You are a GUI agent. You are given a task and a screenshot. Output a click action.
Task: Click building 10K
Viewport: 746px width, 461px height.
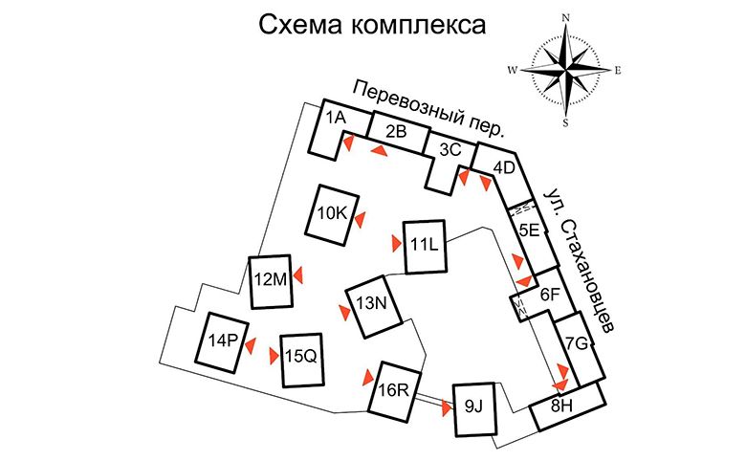332,214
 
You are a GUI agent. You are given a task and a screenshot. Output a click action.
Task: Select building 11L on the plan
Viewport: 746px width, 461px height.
425,246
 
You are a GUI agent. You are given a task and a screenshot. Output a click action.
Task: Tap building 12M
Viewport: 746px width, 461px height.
271,281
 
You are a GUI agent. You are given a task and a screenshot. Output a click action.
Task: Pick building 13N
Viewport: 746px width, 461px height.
373,305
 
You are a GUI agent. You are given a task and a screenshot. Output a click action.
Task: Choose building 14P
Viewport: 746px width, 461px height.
223,342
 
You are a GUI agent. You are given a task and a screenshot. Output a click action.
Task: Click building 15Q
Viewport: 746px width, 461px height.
301,360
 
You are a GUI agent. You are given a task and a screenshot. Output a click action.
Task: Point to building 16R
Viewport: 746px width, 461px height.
395,391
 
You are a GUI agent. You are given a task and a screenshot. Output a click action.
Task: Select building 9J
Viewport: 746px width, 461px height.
474,409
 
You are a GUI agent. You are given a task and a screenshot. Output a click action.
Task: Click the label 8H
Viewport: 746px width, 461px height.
561,406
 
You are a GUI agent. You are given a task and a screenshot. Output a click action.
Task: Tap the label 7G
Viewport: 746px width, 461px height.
577,343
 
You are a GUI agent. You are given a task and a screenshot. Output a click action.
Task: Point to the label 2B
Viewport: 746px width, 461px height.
396,131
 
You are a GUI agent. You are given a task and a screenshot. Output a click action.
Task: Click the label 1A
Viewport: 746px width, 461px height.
336,117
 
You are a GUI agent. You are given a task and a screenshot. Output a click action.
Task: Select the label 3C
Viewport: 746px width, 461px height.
450,150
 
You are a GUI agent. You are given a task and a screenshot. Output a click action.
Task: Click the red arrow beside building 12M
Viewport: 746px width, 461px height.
298,275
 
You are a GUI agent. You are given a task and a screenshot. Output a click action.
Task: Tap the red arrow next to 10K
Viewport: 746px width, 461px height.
360,220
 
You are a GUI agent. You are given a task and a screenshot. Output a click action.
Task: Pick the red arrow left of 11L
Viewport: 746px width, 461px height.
396,243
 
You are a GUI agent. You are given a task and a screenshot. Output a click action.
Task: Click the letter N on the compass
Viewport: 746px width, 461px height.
566,18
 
